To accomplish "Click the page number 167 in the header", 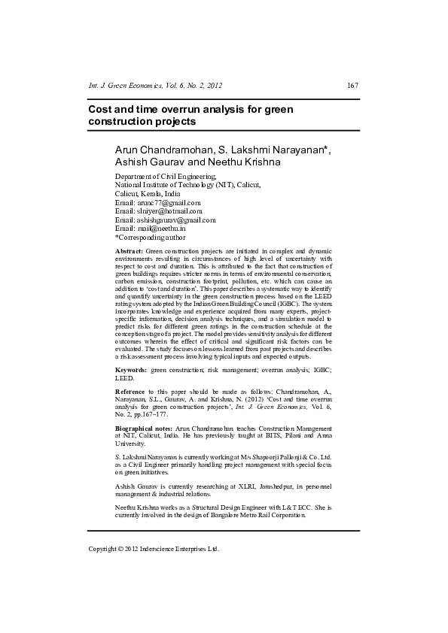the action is [x=352, y=86].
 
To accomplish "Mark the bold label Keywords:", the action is [x=131, y=371].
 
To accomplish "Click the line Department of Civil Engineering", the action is [x=164, y=176].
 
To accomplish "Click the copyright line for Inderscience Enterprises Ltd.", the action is [x=154, y=549].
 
